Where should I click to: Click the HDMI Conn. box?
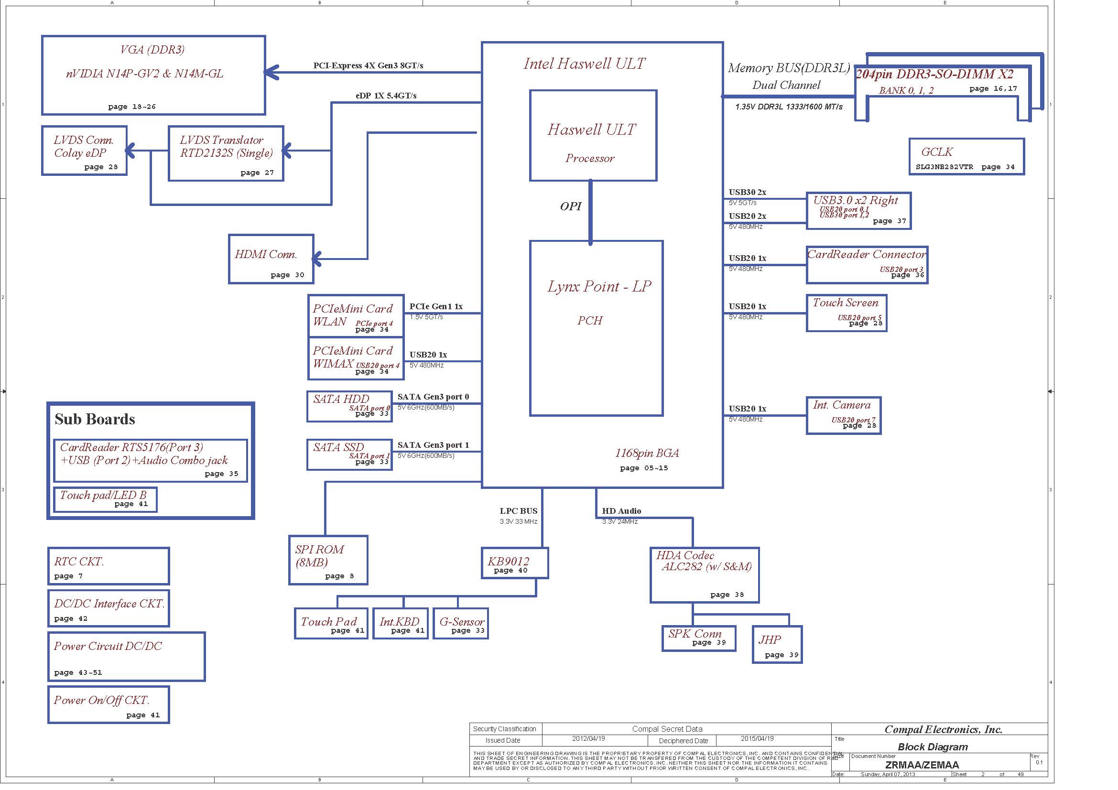[271, 259]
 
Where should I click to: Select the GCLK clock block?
[966, 157]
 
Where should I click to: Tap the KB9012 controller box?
[514, 563]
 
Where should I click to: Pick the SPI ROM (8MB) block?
[328, 560]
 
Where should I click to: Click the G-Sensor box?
[460, 624]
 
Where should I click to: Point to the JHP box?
[777, 644]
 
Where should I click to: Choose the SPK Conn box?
[698, 638]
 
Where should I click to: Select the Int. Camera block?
[843, 415]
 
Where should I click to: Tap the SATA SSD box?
[349, 455]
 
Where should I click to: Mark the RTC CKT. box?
[108, 565]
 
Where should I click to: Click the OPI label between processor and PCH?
[570, 206]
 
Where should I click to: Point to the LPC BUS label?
[518, 511]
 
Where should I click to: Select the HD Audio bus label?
[621, 511]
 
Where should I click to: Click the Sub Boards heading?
[95, 419]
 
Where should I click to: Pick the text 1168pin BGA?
[647, 453]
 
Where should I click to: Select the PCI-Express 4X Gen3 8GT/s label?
[368, 65]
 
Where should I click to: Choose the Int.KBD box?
[400, 624]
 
